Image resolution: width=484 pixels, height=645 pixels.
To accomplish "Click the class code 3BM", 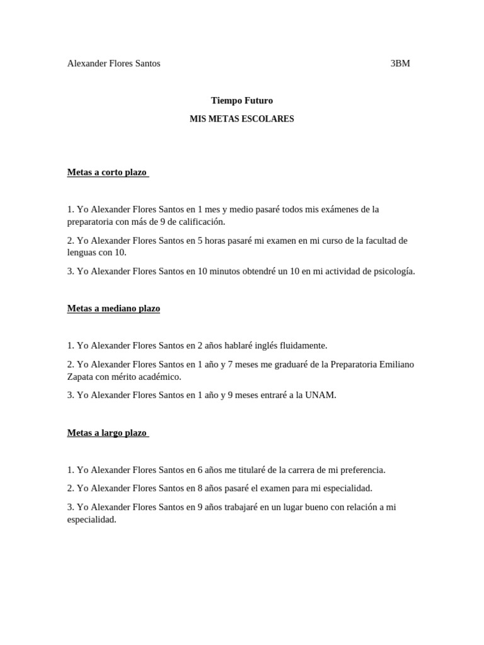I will click(400, 64).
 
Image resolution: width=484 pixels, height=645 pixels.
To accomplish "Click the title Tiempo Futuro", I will click(241, 101).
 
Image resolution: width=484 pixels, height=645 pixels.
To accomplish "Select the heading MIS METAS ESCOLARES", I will click(241, 119).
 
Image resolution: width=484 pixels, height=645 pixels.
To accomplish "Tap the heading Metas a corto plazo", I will click(107, 173).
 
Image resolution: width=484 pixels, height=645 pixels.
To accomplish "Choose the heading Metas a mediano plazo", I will click(113, 309).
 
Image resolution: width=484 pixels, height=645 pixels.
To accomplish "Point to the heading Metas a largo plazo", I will click(107, 433).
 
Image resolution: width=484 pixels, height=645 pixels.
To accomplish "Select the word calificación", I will click(196, 222).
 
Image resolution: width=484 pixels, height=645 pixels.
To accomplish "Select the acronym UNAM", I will click(321, 396).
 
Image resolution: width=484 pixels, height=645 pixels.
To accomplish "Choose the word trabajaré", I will click(255, 507).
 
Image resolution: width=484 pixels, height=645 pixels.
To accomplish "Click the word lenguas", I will click(83, 253).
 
